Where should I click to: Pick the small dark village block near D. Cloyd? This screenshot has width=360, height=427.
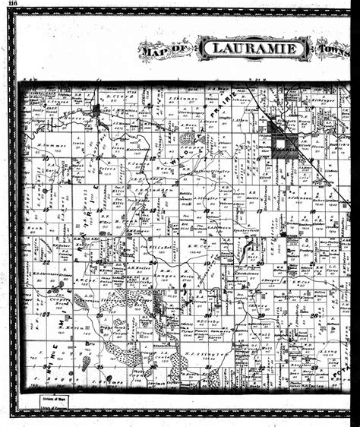96,110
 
